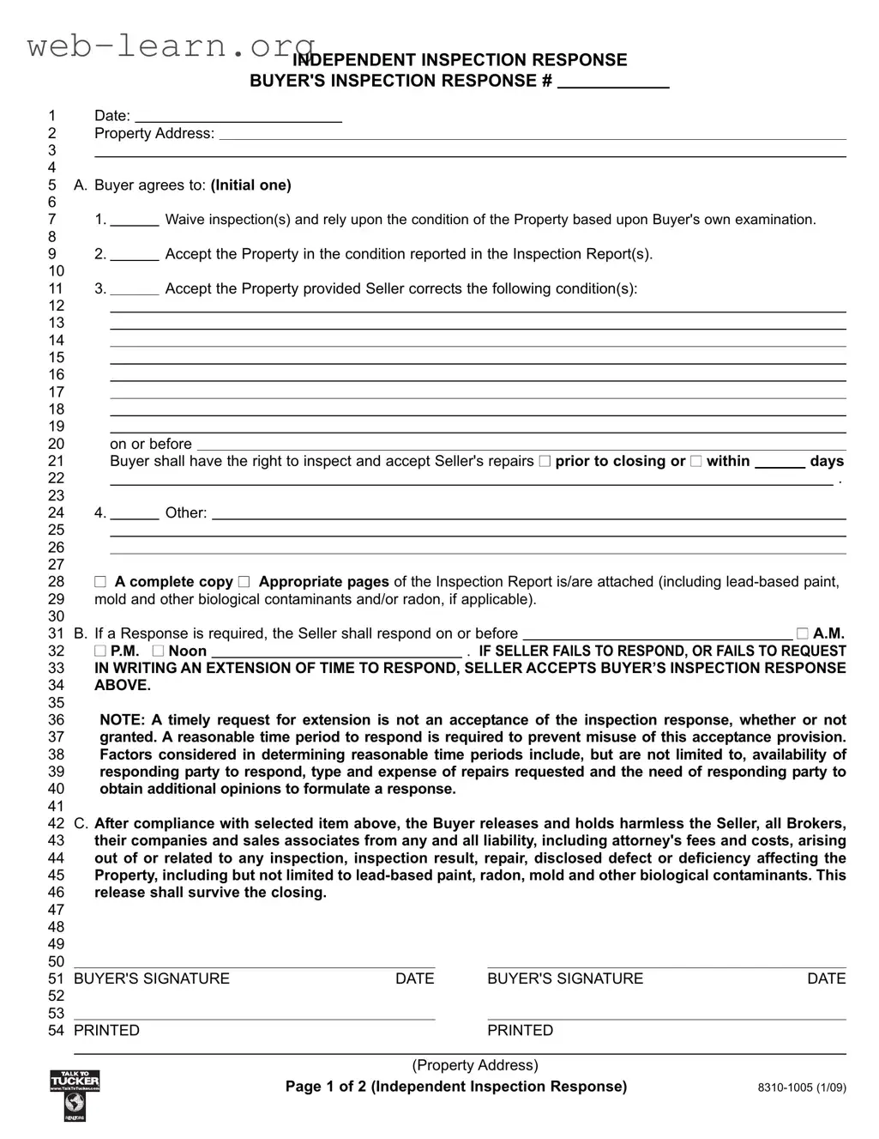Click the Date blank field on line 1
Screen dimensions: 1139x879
tap(238, 116)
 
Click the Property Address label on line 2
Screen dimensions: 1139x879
tap(154, 134)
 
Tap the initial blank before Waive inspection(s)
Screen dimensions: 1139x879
tap(135, 220)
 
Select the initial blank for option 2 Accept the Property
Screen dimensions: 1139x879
tap(135, 254)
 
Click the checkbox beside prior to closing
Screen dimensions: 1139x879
tap(545, 462)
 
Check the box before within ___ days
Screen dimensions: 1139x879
tap(695, 462)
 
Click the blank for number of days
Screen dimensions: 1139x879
tap(780, 462)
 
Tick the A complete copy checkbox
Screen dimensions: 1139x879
tap(100, 582)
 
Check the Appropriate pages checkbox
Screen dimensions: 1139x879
tap(244, 582)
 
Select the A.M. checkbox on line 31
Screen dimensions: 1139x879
tap(802, 633)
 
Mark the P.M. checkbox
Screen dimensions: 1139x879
tap(100, 651)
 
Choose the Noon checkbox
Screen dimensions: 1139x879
tap(158, 651)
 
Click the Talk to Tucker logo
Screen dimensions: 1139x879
tap(75, 1094)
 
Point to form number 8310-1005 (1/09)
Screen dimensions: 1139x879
tap(801, 1088)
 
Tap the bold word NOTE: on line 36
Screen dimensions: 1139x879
tap(123, 720)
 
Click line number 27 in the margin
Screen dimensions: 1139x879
tap(56, 565)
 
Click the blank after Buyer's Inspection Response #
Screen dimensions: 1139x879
tap(612, 82)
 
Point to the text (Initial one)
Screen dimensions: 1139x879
tap(250, 185)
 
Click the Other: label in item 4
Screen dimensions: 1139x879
tap(185, 513)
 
